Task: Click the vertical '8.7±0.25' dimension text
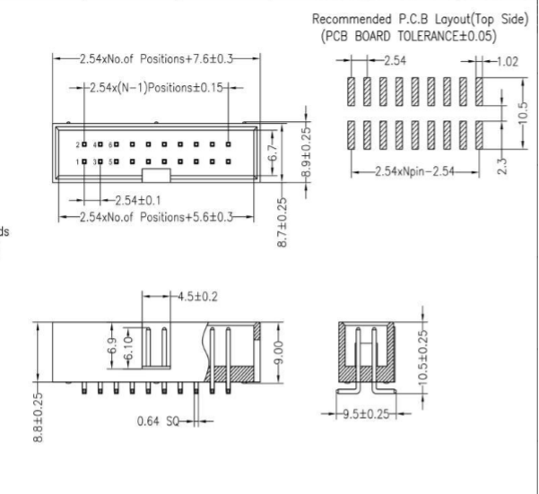(x=283, y=223)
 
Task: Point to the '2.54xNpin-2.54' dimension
(x=413, y=171)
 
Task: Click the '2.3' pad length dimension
(x=501, y=167)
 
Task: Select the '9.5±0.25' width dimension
(x=366, y=414)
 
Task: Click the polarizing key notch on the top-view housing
(x=155, y=173)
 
